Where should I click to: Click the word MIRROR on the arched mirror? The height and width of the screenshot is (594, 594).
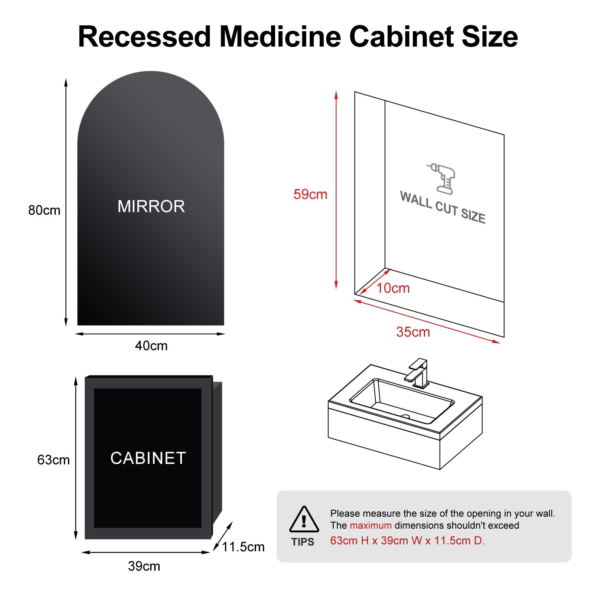[151, 206]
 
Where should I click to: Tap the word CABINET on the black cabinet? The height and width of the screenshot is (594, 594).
[148, 458]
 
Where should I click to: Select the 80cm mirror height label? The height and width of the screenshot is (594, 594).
[44, 210]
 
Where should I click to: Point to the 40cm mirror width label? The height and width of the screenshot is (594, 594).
[151, 346]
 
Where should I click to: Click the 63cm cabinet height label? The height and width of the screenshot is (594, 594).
[53, 460]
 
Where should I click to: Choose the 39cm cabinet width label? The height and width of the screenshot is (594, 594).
[144, 566]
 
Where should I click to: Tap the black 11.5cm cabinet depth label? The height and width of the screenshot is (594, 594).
[244, 547]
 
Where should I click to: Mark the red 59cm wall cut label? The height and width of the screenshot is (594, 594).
[310, 195]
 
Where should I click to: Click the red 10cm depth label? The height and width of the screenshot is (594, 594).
[393, 288]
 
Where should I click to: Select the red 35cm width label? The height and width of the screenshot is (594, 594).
[413, 332]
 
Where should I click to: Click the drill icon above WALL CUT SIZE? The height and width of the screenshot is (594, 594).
[442, 178]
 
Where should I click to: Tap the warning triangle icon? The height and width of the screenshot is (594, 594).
[304, 520]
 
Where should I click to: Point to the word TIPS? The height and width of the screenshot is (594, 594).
[303, 542]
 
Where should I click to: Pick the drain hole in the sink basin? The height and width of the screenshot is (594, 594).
[405, 417]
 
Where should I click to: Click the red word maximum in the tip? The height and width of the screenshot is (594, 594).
[371, 525]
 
